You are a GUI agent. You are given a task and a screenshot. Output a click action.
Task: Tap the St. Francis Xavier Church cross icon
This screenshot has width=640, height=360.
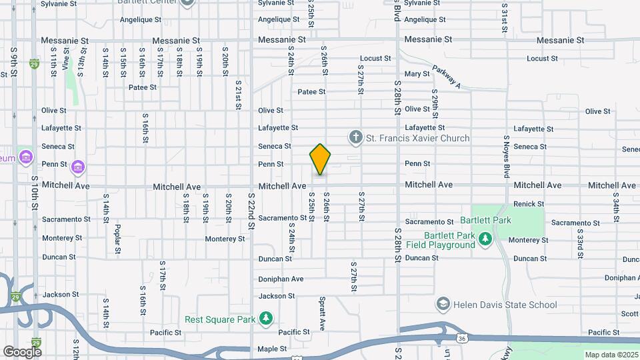pos(356,138)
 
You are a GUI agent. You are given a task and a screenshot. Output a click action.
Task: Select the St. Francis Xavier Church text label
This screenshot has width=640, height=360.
pos(418,138)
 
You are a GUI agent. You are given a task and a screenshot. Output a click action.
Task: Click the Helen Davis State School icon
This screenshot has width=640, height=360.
pos(443,305)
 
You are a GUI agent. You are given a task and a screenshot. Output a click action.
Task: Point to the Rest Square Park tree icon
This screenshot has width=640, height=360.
pos(266,319)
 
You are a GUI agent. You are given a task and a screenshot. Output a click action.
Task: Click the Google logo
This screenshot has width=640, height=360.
pos(22,351)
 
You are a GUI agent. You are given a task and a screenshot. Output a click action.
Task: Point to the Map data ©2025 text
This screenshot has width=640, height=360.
pos(611,355)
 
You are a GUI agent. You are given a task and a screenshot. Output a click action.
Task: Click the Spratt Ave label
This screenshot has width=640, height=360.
pos(322,314)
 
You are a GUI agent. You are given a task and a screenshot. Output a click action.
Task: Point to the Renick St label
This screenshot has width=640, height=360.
pos(529,204)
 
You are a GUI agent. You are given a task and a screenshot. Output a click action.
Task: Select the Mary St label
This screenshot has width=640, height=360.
pos(417,74)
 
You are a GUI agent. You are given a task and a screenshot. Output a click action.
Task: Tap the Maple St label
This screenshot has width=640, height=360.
pos(272,349)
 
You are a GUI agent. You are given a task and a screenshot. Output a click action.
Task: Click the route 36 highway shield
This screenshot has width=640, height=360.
pos(462,339)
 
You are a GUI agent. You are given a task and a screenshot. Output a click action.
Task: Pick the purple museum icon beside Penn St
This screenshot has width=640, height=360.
pos(77,166)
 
